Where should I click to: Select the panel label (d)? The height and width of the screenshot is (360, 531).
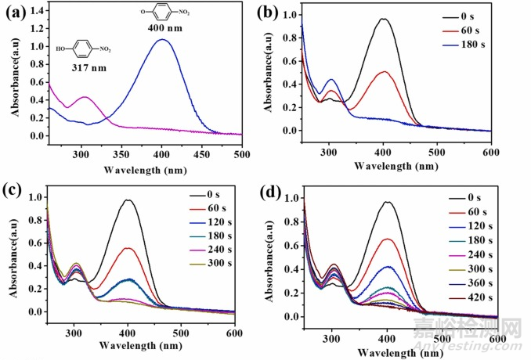tap(279, 191)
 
